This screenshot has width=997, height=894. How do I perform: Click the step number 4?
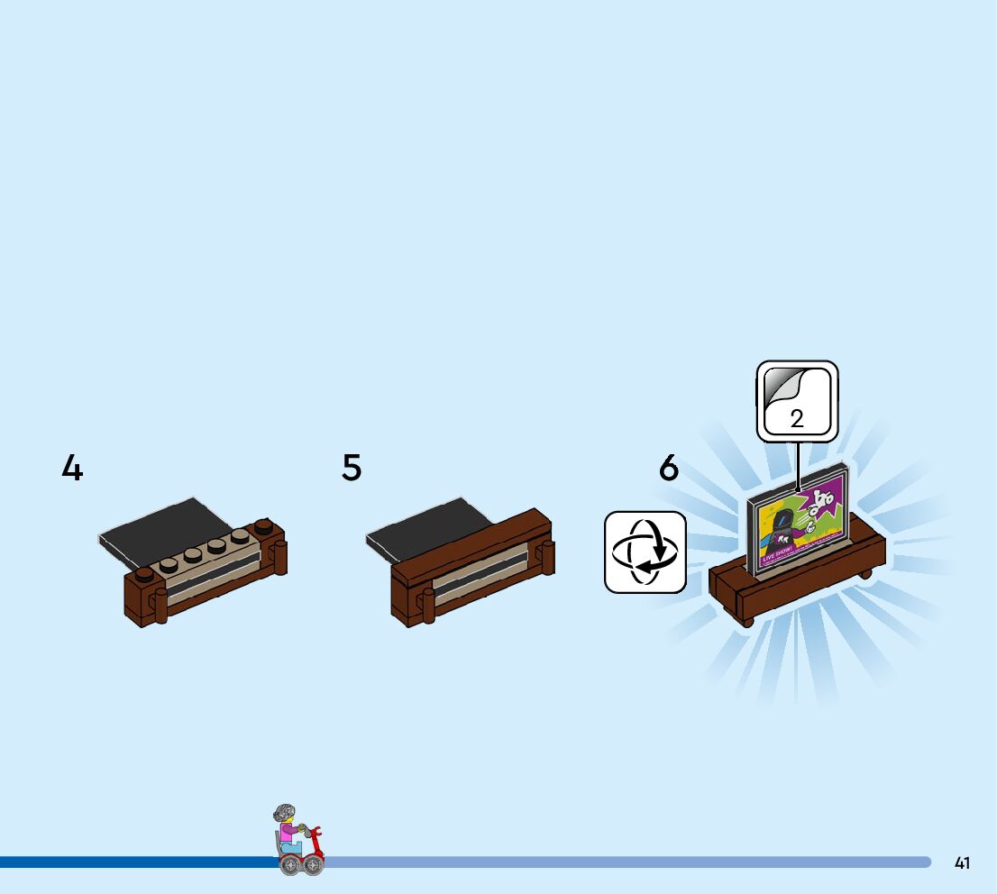tap(72, 469)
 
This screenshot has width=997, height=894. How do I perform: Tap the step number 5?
tap(352, 469)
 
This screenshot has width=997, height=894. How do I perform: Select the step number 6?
tap(668, 469)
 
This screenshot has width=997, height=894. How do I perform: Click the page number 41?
tap(962, 862)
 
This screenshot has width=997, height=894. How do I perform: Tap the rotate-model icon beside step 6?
tap(645, 552)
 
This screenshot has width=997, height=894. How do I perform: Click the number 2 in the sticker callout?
tap(797, 419)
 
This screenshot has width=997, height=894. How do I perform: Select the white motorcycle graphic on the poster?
tap(821, 501)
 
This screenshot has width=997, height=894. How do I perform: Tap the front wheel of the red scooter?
tap(313, 864)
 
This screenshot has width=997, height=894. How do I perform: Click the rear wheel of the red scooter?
tap(289, 864)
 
